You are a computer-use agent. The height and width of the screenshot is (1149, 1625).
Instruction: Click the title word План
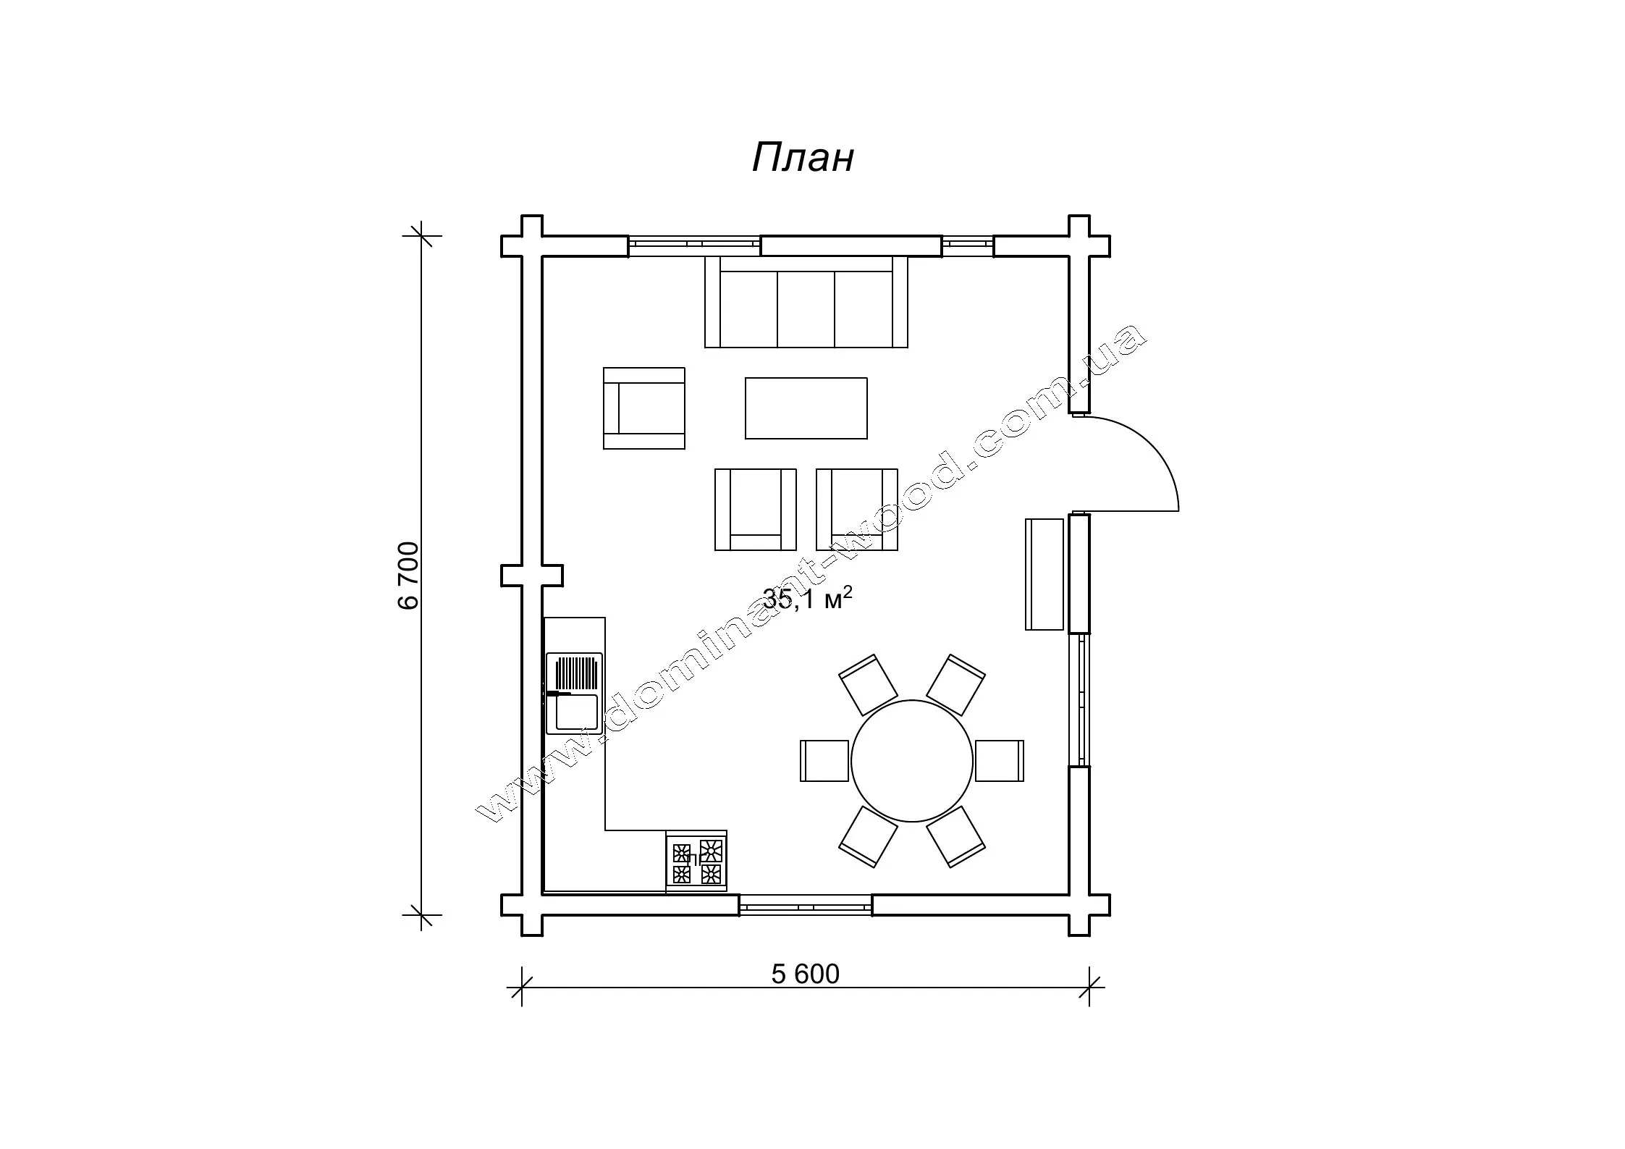(x=803, y=157)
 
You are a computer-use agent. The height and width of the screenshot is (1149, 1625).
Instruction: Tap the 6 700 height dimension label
(x=409, y=576)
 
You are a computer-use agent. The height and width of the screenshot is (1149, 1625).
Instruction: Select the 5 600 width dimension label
(x=805, y=975)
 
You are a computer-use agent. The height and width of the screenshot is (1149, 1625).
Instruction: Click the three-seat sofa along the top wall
(x=806, y=301)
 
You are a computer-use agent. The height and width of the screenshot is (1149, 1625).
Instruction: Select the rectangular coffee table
(x=806, y=408)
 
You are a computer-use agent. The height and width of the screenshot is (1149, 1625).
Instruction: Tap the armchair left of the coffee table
(x=644, y=408)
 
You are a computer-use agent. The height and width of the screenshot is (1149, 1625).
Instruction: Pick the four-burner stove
(x=696, y=862)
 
